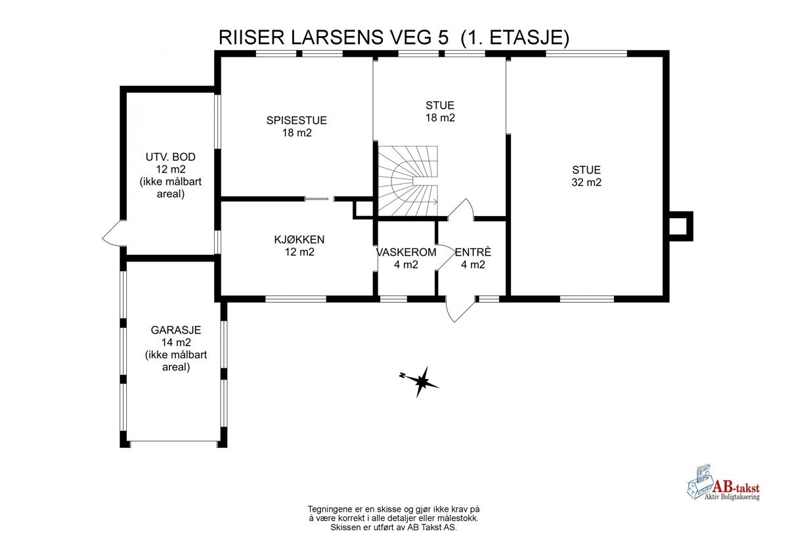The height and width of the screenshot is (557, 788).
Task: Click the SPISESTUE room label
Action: (296, 120)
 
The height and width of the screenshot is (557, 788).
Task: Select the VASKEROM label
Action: (406, 253)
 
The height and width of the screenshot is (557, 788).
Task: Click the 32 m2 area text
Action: (586, 183)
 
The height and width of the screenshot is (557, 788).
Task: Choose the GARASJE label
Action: (175, 330)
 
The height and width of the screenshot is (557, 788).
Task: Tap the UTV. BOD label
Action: (170, 157)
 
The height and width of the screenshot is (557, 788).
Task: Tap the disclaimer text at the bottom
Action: (393, 518)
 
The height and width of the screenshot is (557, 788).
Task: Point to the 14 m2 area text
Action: (175, 342)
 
